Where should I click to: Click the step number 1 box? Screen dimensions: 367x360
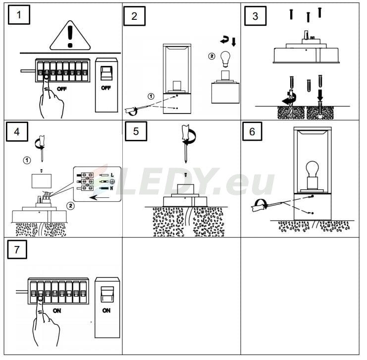tap(19, 15)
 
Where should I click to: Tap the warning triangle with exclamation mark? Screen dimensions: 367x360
tap(70, 36)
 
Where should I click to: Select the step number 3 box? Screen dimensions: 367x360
tap(256, 16)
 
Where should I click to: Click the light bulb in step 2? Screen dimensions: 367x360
tap(226, 59)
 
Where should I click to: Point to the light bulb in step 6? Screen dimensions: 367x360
tap(313, 169)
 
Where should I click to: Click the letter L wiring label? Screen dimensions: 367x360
tap(112, 175)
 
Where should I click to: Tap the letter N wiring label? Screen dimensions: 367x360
tap(111, 188)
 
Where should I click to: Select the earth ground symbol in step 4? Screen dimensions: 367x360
tap(112, 181)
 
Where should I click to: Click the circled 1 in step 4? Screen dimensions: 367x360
tap(27, 160)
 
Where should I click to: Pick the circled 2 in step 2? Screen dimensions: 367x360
tap(211, 56)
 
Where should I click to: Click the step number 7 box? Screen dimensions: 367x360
tap(17, 249)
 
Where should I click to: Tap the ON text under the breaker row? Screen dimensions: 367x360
tap(57, 310)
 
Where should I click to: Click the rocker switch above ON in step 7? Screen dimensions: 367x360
tap(107, 295)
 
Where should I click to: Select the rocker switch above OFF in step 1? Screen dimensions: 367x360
tap(106, 73)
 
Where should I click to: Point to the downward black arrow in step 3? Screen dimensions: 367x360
tap(320, 95)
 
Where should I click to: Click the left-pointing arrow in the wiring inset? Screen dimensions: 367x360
tap(100, 197)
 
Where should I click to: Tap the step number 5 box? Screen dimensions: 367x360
tap(136, 131)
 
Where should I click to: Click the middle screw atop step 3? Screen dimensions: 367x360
tap(308, 17)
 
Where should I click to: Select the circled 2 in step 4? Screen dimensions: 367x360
tap(70, 206)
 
